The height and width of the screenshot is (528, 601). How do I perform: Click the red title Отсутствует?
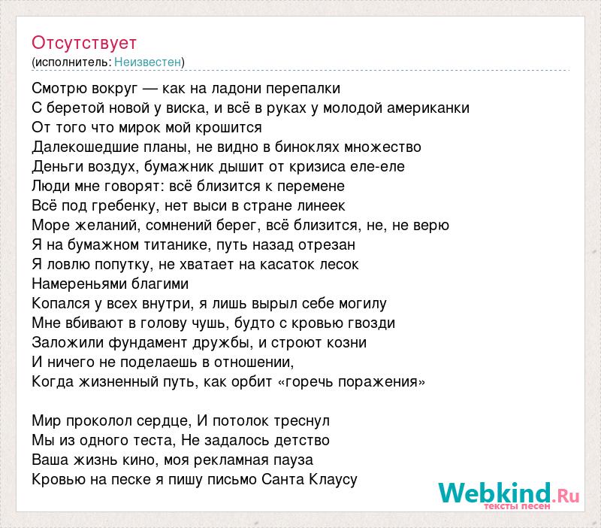pos(84,43)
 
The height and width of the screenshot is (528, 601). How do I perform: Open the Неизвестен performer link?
pos(147,62)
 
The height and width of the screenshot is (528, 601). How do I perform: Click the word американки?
pos(428,108)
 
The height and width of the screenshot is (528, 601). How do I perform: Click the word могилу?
pos(362,304)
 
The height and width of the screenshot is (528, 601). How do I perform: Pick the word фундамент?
pos(147,342)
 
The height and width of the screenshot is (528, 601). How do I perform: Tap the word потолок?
pos(240,421)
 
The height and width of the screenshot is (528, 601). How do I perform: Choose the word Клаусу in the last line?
pos(333,479)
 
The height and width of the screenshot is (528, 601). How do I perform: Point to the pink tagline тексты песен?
pos(517,506)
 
